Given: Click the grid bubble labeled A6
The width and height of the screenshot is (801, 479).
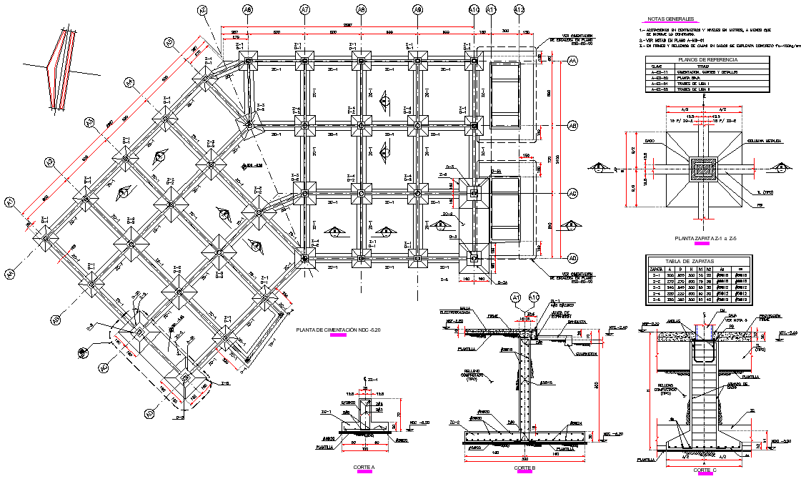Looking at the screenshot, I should (x=247, y=10).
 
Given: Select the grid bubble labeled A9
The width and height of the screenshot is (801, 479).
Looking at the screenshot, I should (x=418, y=10).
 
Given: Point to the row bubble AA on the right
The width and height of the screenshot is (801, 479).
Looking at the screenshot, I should (x=572, y=62).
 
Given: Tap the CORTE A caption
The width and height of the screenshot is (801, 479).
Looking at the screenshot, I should (x=364, y=467).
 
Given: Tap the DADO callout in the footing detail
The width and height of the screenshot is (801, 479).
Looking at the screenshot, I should (x=649, y=141).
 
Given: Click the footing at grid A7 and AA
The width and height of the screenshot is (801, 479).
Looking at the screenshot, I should (x=305, y=61).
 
